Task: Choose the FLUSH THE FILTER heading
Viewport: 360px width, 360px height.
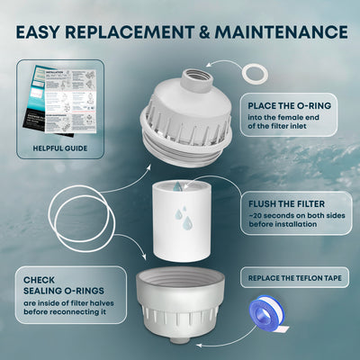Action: coord(286,203)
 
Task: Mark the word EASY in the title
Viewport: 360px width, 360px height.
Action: coord(45,32)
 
